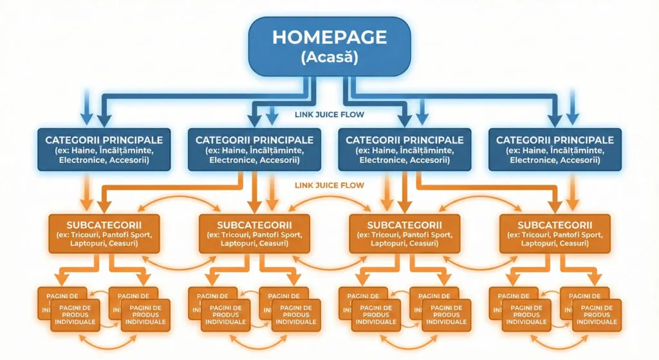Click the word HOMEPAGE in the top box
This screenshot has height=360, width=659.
click(x=329, y=37)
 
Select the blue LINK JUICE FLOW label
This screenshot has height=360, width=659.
click(x=329, y=115)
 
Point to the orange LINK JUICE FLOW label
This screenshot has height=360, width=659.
click(x=329, y=185)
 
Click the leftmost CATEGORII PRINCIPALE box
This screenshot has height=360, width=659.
click(x=104, y=149)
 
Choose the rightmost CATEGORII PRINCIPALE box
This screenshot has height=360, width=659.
click(x=555, y=149)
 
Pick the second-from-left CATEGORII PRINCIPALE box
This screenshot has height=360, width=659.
click(x=254, y=149)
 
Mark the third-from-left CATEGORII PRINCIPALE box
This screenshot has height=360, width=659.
click(x=405, y=149)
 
